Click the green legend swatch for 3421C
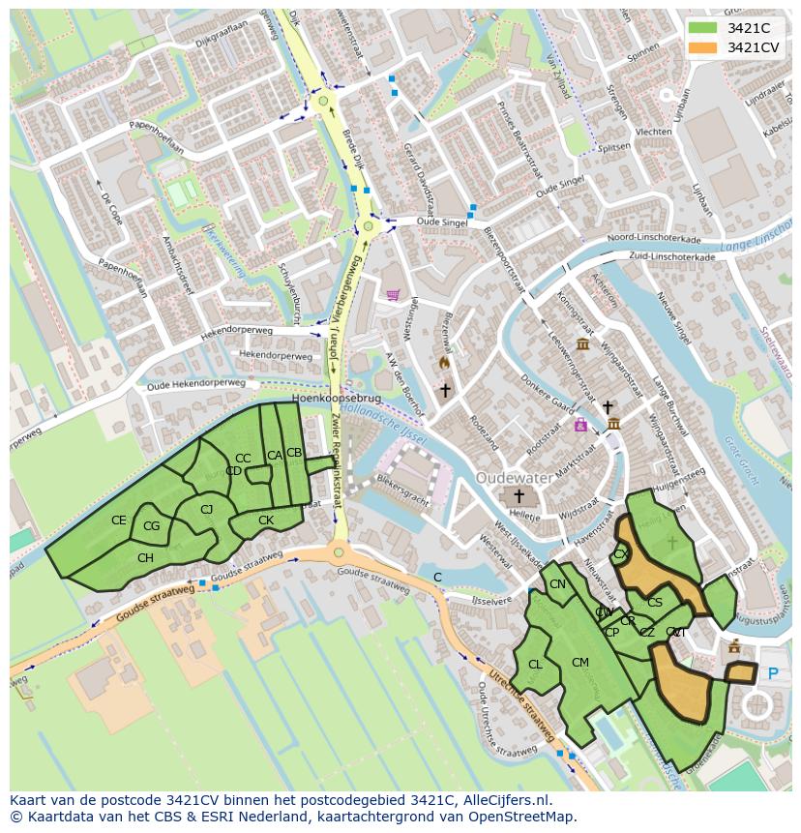pyautogui.click(x=703, y=28)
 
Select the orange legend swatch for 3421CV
pyautogui.click(x=703, y=47)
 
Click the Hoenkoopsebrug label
pyautogui.click(x=338, y=398)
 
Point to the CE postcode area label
pyautogui.click(x=118, y=521)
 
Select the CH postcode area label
pyautogui.click(x=145, y=558)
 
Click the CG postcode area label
pyautogui.click(x=151, y=526)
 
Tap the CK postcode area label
pyautogui.click(x=266, y=521)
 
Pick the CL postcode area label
pyautogui.click(x=535, y=665)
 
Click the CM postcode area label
pyautogui.click(x=580, y=663)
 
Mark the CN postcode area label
pyautogui.click(x=557, y=584)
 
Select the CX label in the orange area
pyautogui.click(x=621, y=554)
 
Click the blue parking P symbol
pyautogui.click(x=772, y=673)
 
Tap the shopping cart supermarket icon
pyautogui.click(x=392, y=295)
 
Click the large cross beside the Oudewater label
pyautogui.click(x=519, y=495)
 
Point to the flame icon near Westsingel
pyautogui.click(x=444, y=363)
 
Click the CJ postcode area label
pyautogui.click(x=206, y=510)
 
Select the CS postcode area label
pyautogui.click(x=655, y=603)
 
